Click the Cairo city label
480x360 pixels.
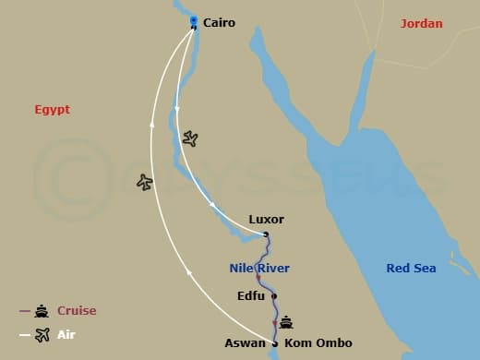219,23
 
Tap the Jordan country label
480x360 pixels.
421,23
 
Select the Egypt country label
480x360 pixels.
53,110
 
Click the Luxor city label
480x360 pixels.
266,220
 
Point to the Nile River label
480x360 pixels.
259,269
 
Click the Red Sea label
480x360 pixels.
411,269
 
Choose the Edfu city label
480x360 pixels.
252,296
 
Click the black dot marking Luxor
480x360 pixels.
266,234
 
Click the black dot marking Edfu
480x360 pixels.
274,296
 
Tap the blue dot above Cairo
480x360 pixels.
193,19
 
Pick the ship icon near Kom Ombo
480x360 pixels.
286,323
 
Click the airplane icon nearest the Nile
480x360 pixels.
190,138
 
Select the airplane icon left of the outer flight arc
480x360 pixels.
144,182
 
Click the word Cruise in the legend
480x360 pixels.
77,311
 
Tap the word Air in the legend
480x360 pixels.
66,335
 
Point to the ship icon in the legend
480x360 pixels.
42,311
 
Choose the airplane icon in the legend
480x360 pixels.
42,335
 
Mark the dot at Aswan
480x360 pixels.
275,343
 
